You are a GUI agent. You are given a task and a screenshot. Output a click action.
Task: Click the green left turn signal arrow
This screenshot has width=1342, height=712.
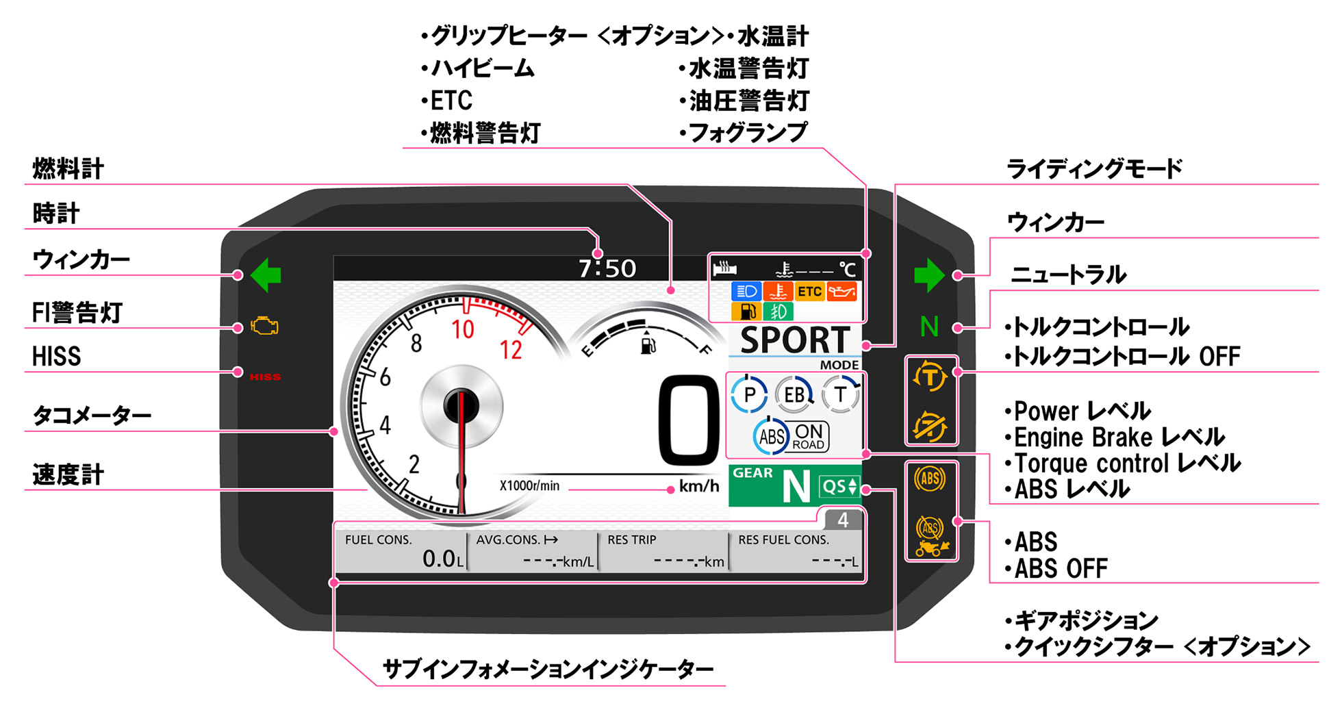266,275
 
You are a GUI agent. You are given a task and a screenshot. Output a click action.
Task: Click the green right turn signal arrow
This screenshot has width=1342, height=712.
929,275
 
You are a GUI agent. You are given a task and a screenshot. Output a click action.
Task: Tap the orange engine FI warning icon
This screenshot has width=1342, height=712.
264,327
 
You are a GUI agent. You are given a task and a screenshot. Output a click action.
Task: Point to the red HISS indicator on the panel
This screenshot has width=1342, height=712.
265,377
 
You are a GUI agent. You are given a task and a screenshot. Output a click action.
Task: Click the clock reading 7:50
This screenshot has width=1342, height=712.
607,268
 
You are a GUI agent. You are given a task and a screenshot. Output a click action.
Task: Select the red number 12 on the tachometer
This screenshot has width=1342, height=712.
511,351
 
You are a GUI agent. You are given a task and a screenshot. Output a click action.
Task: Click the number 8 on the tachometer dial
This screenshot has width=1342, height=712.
416,343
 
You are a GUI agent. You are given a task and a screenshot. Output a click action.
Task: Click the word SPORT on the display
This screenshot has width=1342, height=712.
795,340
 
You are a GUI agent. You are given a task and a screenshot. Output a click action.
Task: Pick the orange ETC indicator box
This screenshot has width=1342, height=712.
809,292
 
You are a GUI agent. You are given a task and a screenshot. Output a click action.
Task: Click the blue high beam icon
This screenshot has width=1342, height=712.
746,292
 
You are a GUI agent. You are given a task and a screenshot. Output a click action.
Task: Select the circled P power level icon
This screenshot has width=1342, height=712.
749,394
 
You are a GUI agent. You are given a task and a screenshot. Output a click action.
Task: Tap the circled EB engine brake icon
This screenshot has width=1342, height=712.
794,394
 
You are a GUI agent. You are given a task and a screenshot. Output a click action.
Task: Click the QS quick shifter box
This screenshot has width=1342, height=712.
839,486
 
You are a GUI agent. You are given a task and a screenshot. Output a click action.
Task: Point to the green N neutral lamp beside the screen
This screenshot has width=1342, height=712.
929,327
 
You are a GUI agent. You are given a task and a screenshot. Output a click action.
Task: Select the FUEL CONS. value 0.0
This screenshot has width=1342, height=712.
439,559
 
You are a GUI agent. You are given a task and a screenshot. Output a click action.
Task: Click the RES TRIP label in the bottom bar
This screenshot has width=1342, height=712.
631,539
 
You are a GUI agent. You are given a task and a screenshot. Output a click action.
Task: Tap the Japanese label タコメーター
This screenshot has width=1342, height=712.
92,416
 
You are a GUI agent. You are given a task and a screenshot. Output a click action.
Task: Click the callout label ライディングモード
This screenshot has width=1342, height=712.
1094,168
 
